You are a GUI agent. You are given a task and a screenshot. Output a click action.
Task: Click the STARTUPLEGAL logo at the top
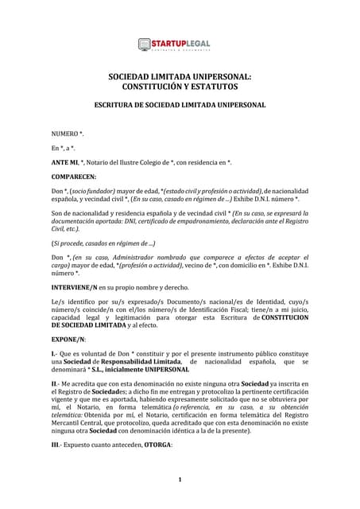pos(180,45)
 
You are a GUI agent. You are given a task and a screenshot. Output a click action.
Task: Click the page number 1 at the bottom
pos(180,480)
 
